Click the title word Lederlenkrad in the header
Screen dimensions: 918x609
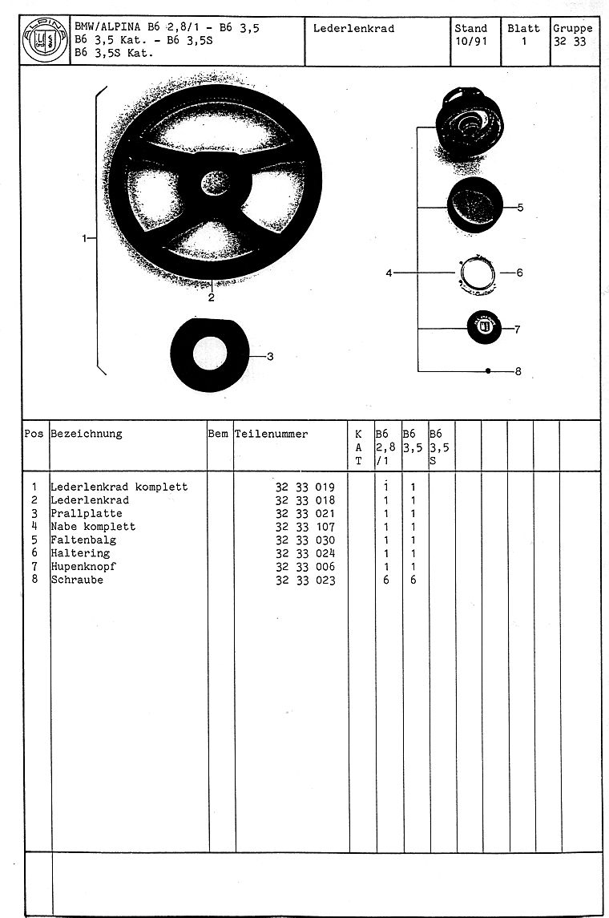(353, 29)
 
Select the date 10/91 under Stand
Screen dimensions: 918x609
(470, 42)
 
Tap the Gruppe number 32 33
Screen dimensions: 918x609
(569, 42)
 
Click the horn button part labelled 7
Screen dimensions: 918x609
(483, 329)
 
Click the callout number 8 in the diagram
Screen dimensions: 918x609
(518, 371)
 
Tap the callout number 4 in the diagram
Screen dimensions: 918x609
(389, 273)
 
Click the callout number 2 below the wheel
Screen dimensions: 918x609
(212, 297)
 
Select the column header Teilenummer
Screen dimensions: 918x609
(271, 434)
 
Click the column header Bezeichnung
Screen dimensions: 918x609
(87, 434)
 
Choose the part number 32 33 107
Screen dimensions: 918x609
(305, 527)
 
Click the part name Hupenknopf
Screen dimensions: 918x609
(83, 567)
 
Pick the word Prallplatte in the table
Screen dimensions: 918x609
(87, 513)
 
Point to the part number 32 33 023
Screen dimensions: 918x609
(305, 580)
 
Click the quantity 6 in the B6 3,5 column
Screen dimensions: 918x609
(413, 580)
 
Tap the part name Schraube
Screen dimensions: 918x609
(77, 580)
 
